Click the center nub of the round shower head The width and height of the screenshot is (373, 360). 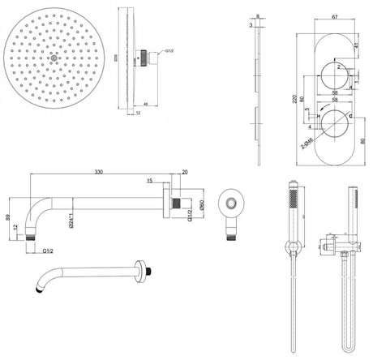[54, 58]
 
